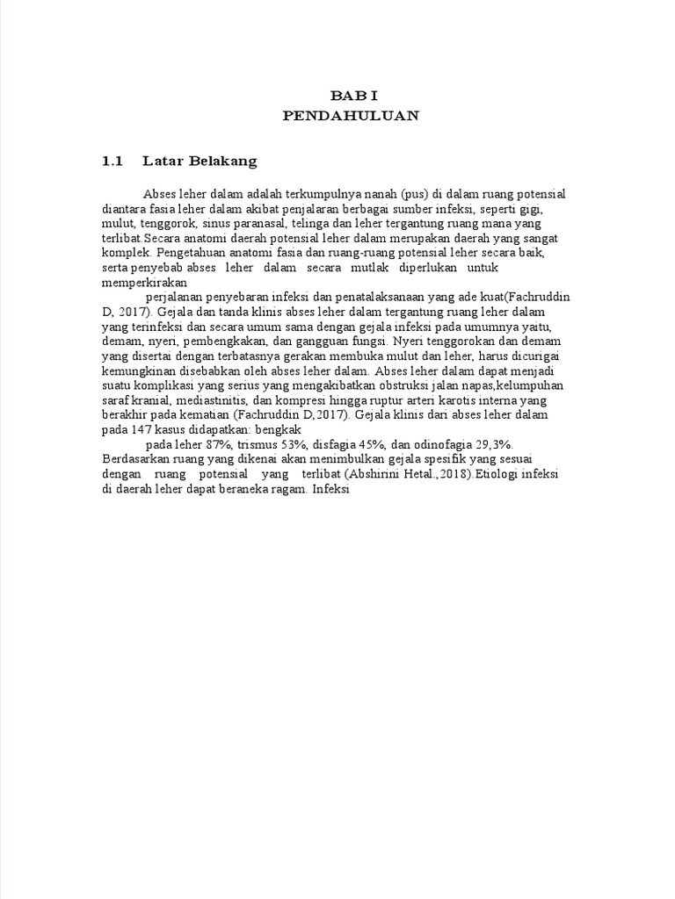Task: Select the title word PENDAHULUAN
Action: coord(351,115)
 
